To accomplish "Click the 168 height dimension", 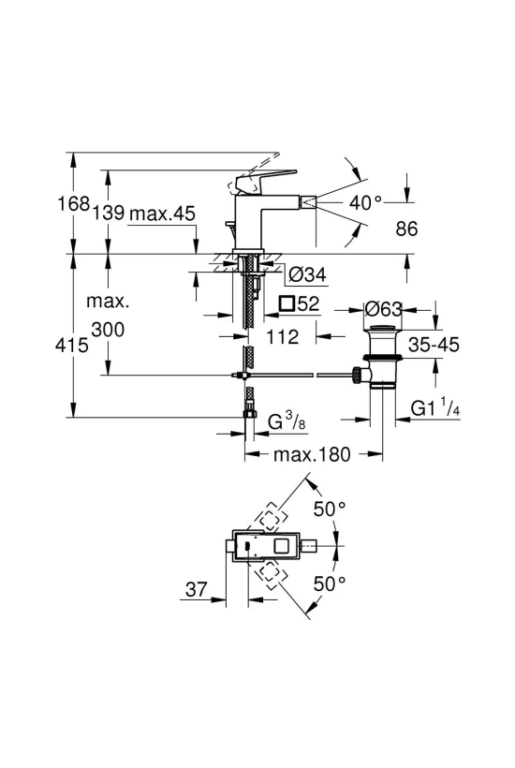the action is point(74,203).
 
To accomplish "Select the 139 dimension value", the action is point(109,213).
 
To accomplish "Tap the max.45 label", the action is point(162,213).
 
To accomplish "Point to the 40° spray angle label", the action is point(365,201).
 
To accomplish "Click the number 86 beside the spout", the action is point(406,229).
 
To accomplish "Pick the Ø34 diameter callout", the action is point(307,274).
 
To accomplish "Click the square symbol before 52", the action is point(287,303).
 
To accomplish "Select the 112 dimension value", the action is point(283,337).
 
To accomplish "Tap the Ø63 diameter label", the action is point(384,309).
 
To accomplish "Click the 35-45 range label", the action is point(434,345).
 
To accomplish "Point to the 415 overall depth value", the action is point(72,345).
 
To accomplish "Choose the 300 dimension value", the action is point(109,330).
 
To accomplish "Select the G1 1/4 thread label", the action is point(435,407).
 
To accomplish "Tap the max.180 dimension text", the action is point(313,454).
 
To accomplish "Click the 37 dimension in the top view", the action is point(197,589).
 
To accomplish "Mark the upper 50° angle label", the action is point(330,509).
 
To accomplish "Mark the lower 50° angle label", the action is point(330,583).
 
